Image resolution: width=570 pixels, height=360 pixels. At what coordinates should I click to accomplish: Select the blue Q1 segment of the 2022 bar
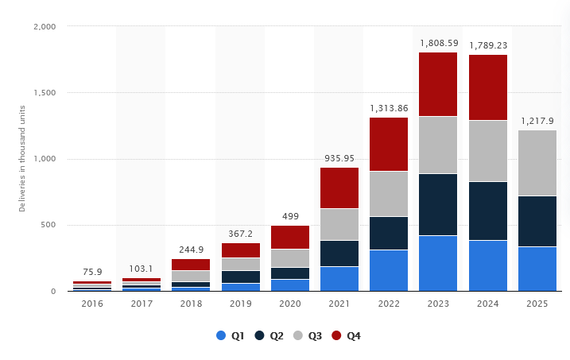pos(389,270)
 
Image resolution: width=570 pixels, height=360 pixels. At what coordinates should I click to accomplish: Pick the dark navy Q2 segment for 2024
pos(487,211)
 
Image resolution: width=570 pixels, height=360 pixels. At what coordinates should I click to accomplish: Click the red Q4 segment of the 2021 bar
pos(339,188)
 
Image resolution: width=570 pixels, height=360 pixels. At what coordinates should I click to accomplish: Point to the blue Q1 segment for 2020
pos(290,285)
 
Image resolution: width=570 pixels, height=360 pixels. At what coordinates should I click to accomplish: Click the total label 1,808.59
pos(438,42)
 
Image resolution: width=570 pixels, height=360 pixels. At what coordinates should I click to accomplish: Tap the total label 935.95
pos(339,158)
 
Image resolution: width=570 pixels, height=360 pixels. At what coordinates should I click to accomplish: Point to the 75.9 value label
pos(92,272)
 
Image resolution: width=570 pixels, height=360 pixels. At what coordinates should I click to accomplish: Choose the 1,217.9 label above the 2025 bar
pos(537,121)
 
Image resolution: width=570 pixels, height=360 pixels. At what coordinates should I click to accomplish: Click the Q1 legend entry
pos(230,336)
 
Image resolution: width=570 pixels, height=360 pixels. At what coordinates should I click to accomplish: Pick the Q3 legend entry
pos(311,336)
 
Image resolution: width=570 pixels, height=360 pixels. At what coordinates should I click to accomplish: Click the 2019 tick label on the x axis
pos(241,304)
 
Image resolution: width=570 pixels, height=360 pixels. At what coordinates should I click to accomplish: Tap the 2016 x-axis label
pos(92,304)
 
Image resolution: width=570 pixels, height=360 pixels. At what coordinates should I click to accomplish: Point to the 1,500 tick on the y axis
pos(44,93)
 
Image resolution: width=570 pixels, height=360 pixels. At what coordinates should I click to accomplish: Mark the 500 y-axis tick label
pos(48,225)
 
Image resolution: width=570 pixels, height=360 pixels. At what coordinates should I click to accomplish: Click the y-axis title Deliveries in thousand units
pos(22,159)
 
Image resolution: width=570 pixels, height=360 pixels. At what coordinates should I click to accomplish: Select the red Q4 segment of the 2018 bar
pos(191,265)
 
